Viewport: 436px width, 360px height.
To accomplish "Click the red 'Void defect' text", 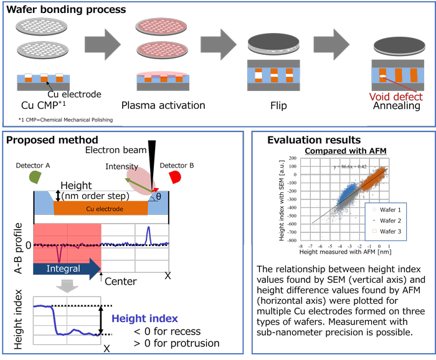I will pyautogui.click(x=395, y=97).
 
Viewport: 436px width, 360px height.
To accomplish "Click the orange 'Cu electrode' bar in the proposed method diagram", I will pyautogui.click(x=100, y=208).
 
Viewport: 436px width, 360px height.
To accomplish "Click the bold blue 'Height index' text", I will pyautogui.click(x=145, y=318).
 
